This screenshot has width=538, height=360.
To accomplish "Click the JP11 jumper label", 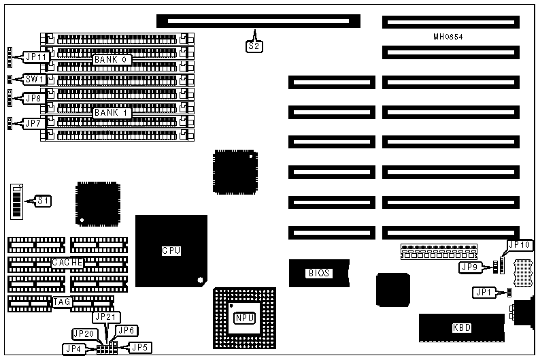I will pyautogui.click(x=35, y=57).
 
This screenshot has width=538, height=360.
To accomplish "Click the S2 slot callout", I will pyautogui.click(x=253, y=47).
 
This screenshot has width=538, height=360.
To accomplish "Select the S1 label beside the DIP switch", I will pyautogui.click(x=44, y=201).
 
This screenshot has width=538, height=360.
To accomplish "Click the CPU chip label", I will pyautogui.click(x=171, y=250).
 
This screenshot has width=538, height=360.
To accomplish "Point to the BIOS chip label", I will pyautogui.click(x=319, y=273).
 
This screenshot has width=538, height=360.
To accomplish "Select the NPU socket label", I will pyautogui.click(x=243, y=318).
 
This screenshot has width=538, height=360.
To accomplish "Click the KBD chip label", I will pyautogui.click(x=462, y=328).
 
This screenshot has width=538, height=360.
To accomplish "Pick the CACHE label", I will pyautogui.click(x=67, y=262).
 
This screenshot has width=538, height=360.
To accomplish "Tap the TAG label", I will pyautogui.click(x=62, y=301).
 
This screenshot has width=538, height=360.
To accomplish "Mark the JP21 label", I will pyautogui.click(x=107, y=316).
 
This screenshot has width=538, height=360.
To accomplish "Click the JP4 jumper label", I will pyautogui.click(x=73, y=348).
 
